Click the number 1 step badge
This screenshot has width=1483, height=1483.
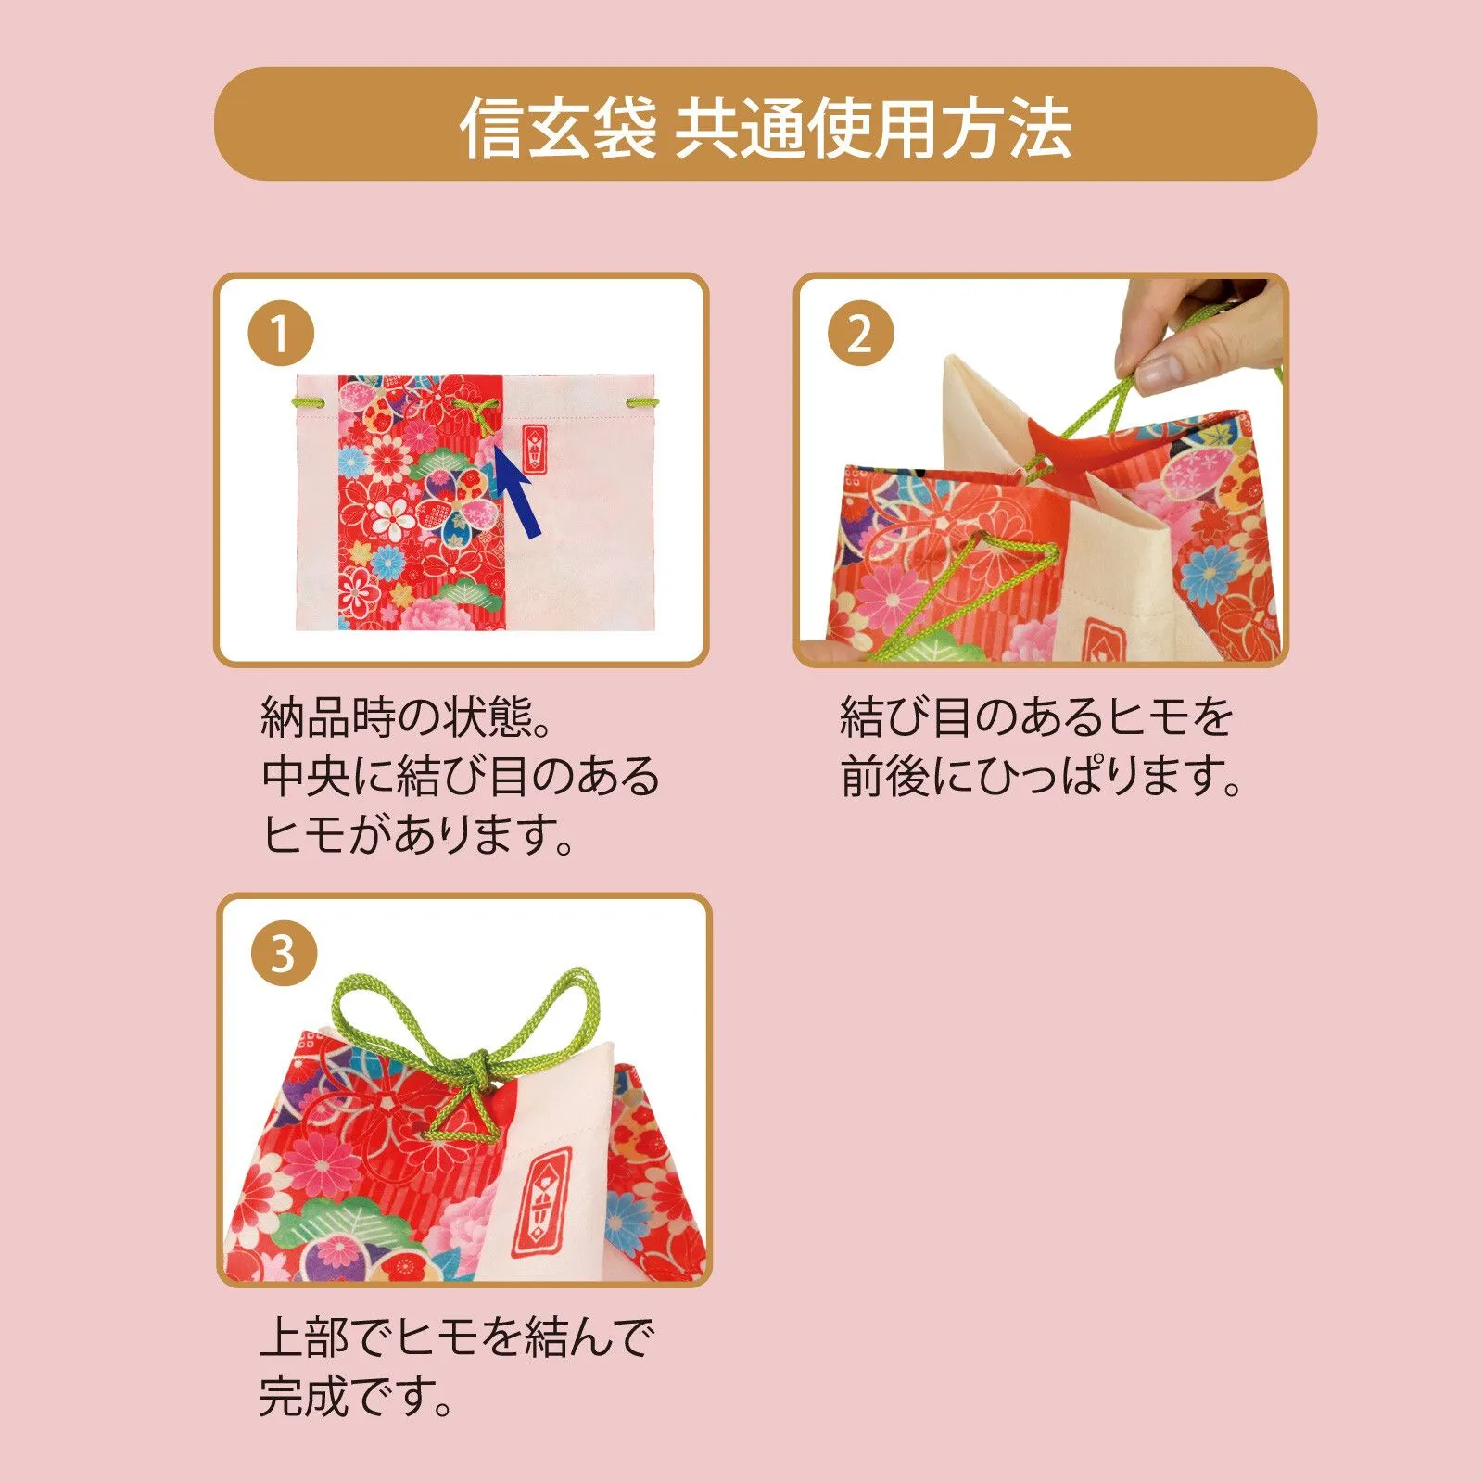[x=280, y=333]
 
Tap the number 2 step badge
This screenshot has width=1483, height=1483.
[x=860, y=333]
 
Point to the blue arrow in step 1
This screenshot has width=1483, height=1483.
[x=515, y=491]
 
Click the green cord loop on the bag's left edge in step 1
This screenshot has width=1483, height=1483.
[x=310, y=402]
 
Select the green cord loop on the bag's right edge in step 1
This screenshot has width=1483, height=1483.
[x=641, y=402]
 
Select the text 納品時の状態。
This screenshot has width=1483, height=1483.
[x=407, y=716]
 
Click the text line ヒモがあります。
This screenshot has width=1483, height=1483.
[x=418, y=834]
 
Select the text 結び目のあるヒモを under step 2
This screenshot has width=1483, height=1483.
[x=1036, y=716]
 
